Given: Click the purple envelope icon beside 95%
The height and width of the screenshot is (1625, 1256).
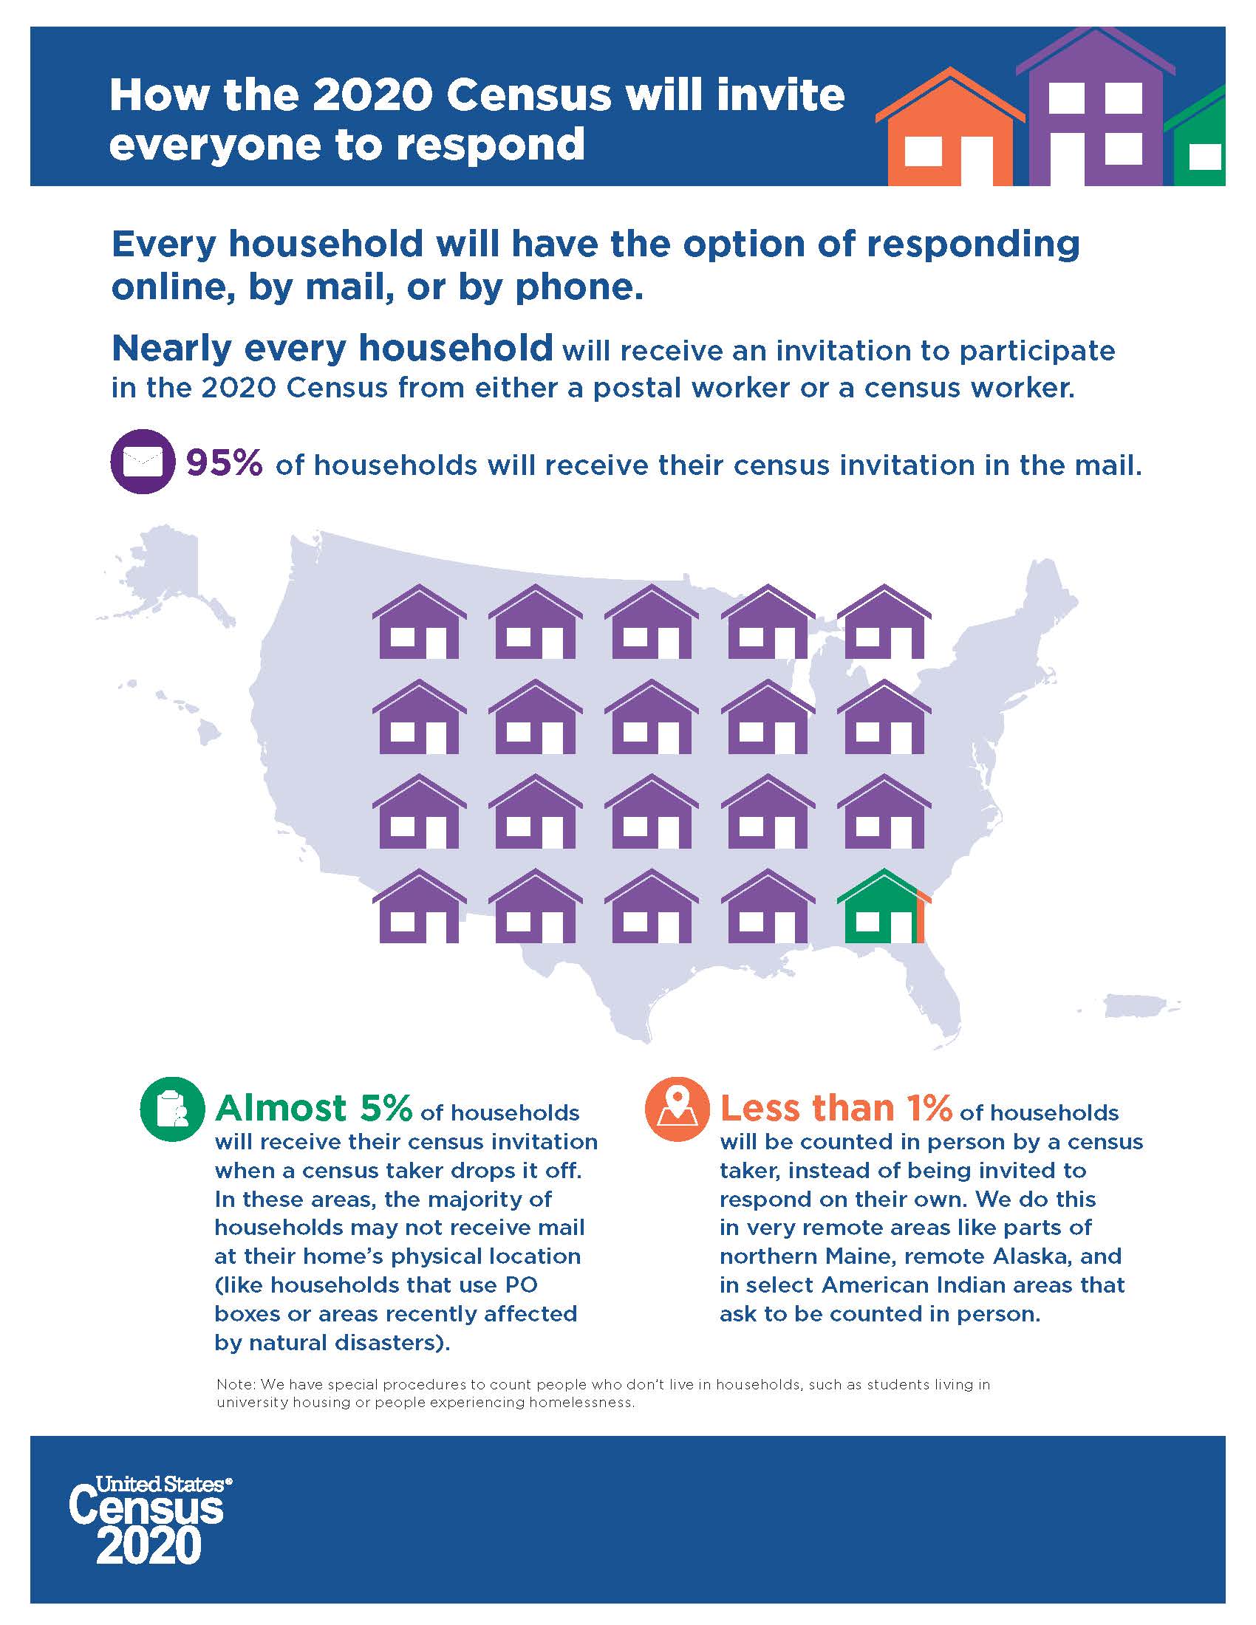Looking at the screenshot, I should coord(142,462).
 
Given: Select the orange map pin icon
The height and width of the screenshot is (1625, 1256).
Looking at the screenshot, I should coord(676,1109).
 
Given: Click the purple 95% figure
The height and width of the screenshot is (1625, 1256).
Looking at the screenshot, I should coord(224,463).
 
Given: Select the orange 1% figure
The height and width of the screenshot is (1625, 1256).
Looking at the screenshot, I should coord(929,1109).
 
